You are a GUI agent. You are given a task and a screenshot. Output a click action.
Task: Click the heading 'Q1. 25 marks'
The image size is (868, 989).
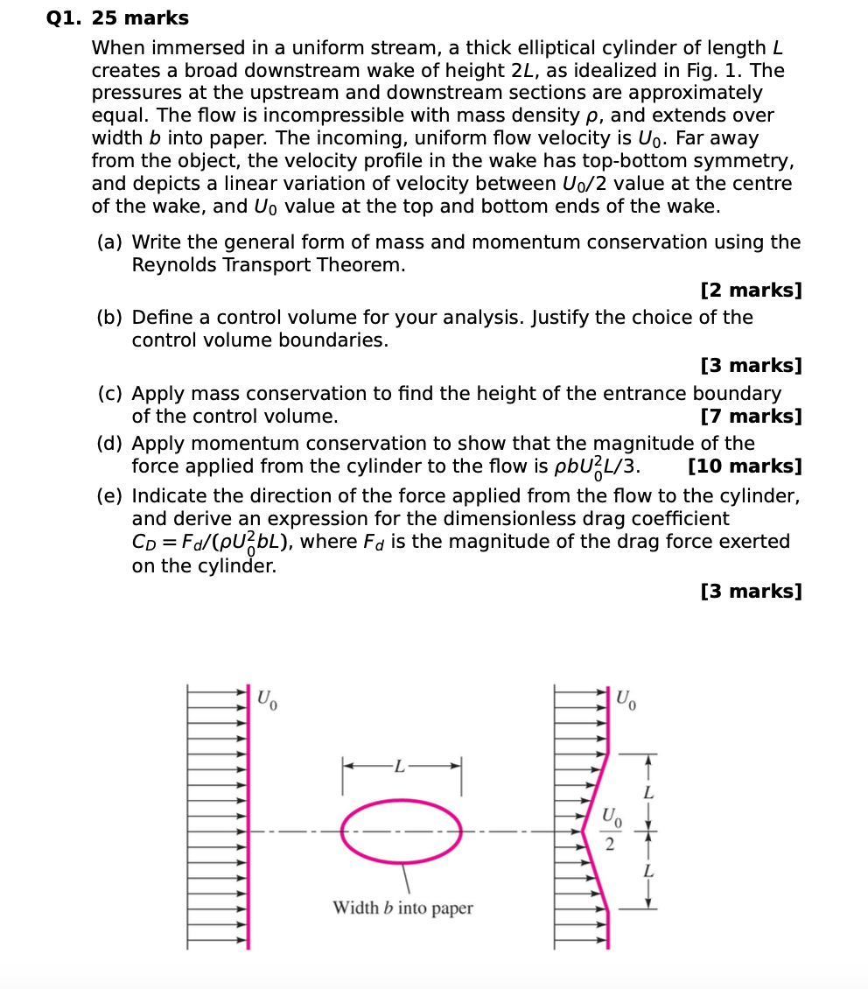coord(117,18)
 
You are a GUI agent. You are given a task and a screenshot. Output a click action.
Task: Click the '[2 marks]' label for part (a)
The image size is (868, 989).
coord(751,291)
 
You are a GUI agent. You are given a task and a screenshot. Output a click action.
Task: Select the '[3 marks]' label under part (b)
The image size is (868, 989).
coord(751,366)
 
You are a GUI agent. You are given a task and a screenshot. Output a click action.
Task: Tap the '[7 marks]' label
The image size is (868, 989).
coord(751,417)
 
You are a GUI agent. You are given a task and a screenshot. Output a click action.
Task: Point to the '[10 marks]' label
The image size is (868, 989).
coord(745,466)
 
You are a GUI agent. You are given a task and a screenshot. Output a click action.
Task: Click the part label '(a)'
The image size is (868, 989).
coord(110,242)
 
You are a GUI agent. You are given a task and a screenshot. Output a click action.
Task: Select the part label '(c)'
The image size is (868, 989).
coord(110,394)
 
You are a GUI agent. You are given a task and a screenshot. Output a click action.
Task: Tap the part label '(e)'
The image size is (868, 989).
coord(110,497)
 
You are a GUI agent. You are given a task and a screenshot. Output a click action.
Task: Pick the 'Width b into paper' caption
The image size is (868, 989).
coord(402,908)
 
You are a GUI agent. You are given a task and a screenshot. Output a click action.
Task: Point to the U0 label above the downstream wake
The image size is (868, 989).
coord(626,699)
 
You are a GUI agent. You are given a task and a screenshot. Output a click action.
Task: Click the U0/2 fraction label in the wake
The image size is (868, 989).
coord(611,831)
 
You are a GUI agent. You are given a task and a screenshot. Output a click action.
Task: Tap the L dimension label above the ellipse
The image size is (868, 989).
coord(400,768)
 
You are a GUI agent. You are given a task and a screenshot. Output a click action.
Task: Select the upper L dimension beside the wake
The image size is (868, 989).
coord(647,793)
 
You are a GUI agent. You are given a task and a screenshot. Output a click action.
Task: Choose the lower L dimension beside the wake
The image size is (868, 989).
coord(647,871)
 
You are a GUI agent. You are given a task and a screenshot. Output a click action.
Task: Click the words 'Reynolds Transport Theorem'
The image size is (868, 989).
coord(269,265)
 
